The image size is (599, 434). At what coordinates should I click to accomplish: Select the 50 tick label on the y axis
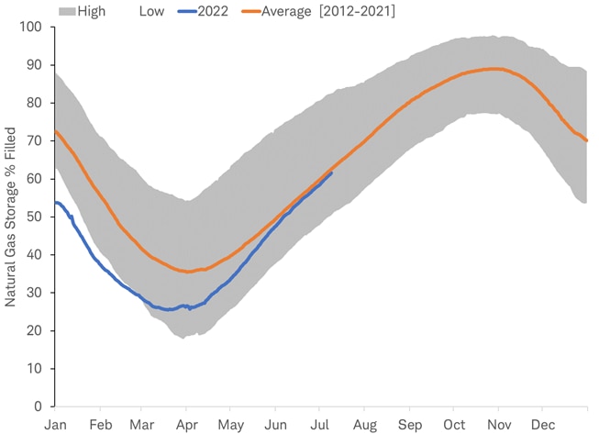[34, 217]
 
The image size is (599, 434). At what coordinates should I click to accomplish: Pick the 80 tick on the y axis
[34, 103]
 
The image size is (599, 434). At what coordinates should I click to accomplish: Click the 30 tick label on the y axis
[34, 293]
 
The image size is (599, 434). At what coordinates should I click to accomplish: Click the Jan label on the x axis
[56, 425]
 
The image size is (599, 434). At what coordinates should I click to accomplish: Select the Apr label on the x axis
[186, 425]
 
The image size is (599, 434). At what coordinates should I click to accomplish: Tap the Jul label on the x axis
[318, 425]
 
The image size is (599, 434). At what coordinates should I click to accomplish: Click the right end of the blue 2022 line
[332, 172]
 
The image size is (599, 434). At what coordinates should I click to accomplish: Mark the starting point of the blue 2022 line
[56, 202]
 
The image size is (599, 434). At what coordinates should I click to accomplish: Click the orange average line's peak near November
[494, 69]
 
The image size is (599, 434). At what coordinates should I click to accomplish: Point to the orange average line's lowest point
[188, 272]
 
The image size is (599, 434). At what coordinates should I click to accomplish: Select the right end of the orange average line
[587, 140]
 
